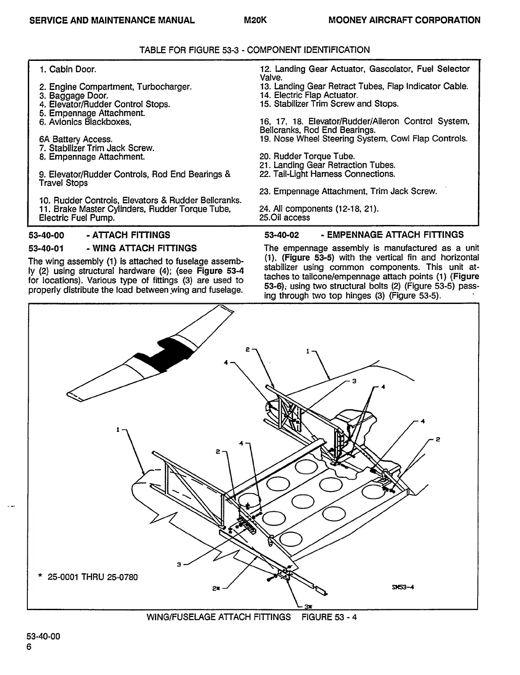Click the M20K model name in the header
pyautogui.click(x=255, y=20)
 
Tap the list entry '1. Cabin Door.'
pyautogui.click(x=68, y=69)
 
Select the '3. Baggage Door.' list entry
pyautogui.click(x=73, y=95)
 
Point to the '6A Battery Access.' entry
pyautogui.click(x=75, y=139)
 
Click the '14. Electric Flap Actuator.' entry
pyautogui.click(x=309, y=95)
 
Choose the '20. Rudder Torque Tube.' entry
pyautogui.click(x=307, y=157)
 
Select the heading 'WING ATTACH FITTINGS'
pyautogui.click(x=145, y=248)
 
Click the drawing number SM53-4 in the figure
pyautogui.click(x=399, y=587)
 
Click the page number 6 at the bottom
pyautogui.click(x=29, y=647)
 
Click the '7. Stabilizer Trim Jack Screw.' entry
pyautogui.click(x=97, y=148)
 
